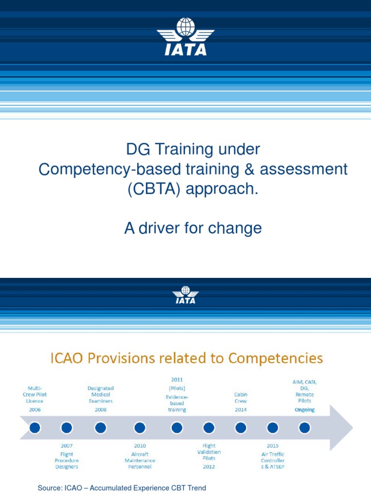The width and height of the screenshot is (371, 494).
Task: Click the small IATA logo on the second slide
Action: (185, 295)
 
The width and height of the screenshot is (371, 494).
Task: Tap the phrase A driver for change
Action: (193, 228)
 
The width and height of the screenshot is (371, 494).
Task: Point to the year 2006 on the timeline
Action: (35, 410)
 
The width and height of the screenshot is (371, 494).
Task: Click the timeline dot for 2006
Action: (35, 427)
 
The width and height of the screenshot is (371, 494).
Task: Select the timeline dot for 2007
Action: (67, 427)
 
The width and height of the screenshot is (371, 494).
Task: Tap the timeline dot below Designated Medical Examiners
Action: (100, 427)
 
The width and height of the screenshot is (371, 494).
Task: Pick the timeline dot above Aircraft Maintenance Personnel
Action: (140, 427)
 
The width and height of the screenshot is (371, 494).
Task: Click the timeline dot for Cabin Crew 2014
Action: (241, 427)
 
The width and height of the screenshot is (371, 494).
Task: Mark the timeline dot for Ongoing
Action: (304, 427)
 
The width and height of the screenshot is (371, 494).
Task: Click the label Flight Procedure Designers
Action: (67, 460)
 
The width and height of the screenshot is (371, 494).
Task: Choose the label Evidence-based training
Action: (177, 403)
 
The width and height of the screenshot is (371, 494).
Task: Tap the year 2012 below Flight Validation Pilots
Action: (209, 467)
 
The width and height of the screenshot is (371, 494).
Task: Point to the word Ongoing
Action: (304, 410)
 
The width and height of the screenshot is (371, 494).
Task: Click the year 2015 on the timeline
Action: (273, 446)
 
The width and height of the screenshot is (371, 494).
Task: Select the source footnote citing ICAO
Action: (122, 488)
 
